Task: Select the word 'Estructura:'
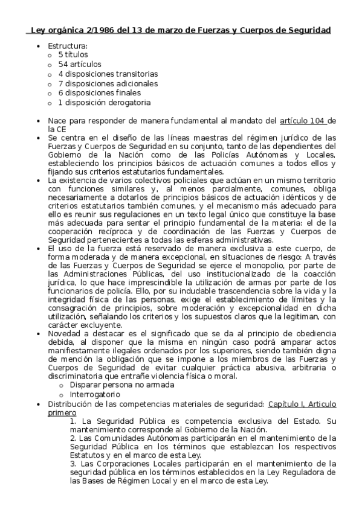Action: tap(68, 45)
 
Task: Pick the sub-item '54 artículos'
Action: tap(80, 64)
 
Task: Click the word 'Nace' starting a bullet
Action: tap(57, 121)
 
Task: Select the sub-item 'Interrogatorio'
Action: tap(95, 394)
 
